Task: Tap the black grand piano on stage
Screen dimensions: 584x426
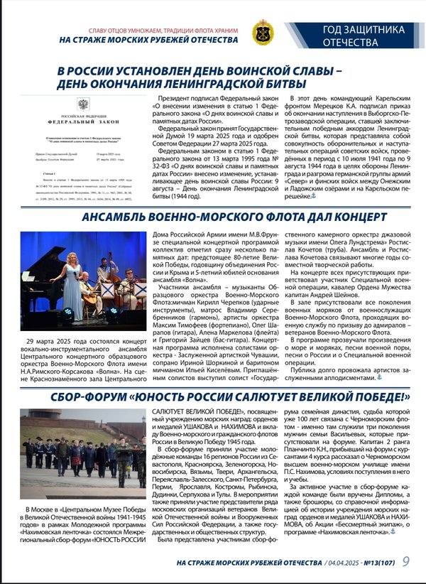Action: tap(43, 281)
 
